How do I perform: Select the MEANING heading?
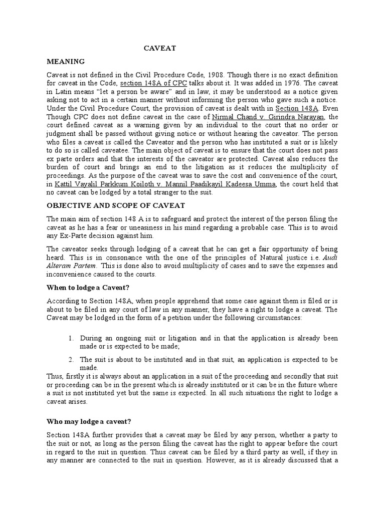(x=66, y=62)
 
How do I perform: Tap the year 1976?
(x=280, y=84)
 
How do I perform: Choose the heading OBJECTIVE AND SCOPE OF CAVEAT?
(x=116, y=205)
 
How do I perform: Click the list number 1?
(x=71, y=338)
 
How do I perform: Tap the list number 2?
(x=71, y=359)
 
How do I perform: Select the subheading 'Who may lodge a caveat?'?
(x=88, y=422)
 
